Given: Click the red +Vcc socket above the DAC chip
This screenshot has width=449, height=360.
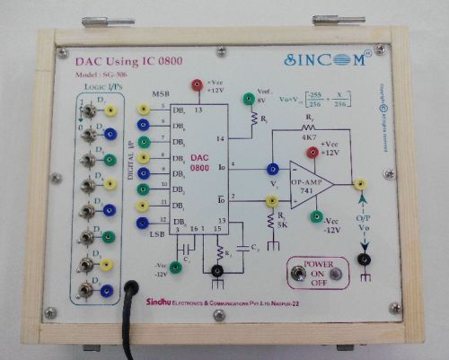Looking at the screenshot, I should pyautogui.click(x=197, y=85).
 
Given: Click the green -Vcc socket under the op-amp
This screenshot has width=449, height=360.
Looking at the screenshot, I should pyautogui.click(x=316, y=216).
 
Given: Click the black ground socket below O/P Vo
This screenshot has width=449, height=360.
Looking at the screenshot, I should pyautogui.click(x=364, y=259).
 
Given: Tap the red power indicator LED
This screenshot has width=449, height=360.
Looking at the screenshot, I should pyautogui.click(x=336, y=274).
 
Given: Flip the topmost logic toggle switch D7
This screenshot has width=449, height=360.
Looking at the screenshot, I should pyautogui.click(x=86, y=111).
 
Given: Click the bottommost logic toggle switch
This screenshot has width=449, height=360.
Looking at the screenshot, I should pyautogui.click(x=86, y=289).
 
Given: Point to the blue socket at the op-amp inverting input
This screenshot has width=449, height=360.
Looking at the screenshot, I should pyautogui.click(x=271, y=167).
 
